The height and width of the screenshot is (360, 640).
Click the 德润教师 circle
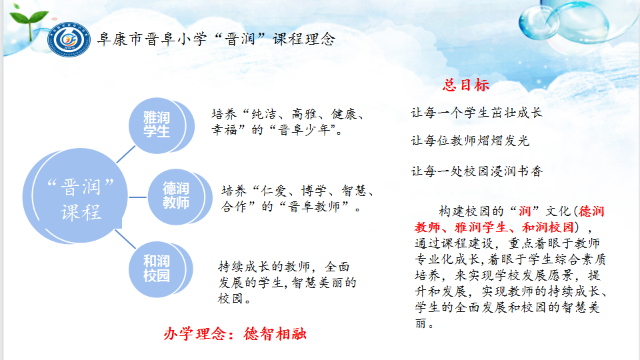click(176, 196)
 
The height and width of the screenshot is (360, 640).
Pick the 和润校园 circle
click(157, 267)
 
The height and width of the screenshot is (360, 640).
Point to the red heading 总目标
click(466, 85)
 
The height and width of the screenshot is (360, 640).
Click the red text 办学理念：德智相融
click(235, 334)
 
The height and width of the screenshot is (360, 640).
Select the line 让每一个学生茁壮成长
click(477, 113)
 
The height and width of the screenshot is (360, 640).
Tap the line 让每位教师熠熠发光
click(470, 141)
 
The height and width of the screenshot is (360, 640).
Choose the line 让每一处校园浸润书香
click(477, 171)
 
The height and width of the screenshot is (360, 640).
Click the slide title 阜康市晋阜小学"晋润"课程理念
click(215, 39)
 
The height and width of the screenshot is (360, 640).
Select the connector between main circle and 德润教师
click(138, 197)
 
